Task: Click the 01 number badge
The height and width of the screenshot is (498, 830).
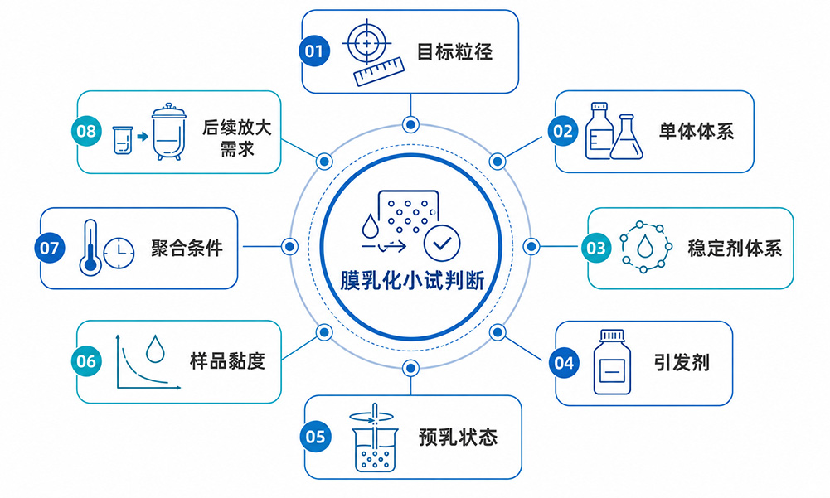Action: [x=314, y=51]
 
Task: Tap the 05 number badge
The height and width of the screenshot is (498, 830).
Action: [x=315, y=437]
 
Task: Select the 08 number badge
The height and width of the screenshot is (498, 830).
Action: [x=86, y=131]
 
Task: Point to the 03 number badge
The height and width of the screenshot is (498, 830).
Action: [x=596, y=248]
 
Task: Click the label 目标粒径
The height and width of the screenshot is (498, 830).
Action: [x=454, y=52]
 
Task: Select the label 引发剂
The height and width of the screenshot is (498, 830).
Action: [x=682, y=363]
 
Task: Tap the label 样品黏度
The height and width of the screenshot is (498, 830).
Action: [x=228, y=361]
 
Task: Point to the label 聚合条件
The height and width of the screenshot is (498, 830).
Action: [x=187, y=248]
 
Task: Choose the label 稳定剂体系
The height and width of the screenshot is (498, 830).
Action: [x=735, y=248]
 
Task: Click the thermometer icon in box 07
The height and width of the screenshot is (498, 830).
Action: [x=90, y=248]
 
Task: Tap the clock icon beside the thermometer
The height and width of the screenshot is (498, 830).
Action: [x=119, y=253]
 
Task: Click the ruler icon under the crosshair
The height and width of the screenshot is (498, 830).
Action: [x=379, y=72]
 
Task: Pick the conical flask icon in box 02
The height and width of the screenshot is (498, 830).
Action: [x=627, y=138]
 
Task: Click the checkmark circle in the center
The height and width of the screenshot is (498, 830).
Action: [x=442, y=243]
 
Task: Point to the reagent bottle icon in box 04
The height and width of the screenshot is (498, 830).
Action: [x=613, y=362]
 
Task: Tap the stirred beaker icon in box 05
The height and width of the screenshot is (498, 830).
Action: [x=374, y=438]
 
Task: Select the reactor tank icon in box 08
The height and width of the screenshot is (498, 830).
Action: [x=169, y=132]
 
